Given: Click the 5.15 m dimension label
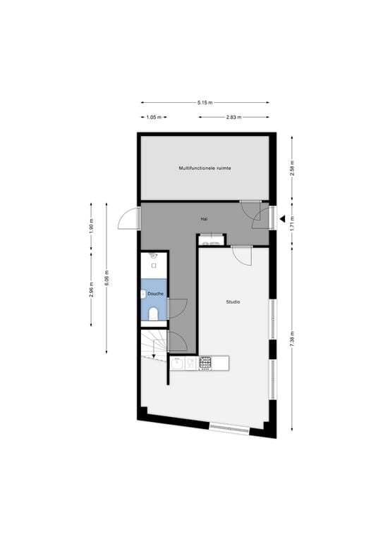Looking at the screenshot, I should [x=205, y=103].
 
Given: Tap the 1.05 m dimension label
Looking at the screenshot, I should [x=153, y=117].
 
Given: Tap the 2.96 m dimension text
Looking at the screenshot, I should [x=91, y=290].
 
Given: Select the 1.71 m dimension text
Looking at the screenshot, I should [x=292, y=227].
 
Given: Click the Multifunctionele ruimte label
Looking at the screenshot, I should [x=205, y=168].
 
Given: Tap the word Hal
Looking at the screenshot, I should [x=204, y=219].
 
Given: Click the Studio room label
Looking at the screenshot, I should [x=233, y=301].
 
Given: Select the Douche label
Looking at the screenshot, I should [x=156, y=293].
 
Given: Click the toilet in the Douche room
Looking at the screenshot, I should [x=153, y=313].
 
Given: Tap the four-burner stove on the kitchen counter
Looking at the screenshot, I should [x=205, y=363].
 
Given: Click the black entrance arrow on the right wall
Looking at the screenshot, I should [x=281, y=219].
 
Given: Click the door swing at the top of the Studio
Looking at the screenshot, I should [x=241, y=254].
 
